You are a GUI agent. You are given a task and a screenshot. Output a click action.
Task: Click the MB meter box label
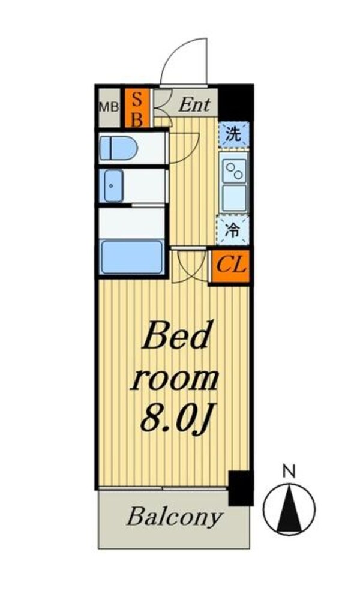(x=108, y=107)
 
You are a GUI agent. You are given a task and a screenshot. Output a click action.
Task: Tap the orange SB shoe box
(x=136, y=109)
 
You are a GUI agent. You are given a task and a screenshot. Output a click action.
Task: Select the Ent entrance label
(x=194, y=106)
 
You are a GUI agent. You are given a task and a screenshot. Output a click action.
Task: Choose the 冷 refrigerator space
(x=232, y=228)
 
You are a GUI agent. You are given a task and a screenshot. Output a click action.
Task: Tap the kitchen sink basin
(x=233, y=198)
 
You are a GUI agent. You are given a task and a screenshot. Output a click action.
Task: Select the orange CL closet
(x=231, y=265)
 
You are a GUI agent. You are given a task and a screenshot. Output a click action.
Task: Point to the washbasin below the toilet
(x=113, y=185)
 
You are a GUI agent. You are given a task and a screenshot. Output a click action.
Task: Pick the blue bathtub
(x=131, y=257)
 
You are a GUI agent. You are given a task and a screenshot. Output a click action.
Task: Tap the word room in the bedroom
(x=175, y=379)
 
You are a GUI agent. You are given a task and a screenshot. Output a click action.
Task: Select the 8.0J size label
(x=175, y=419)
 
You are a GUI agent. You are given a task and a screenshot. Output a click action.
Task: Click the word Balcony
(x=173, y=517)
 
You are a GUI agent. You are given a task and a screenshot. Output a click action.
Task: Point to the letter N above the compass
(x=289, y=472)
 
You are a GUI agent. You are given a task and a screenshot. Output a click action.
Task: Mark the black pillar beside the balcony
(x=241, y=488)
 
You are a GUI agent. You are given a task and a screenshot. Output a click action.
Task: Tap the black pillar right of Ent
(x=235, y=101)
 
